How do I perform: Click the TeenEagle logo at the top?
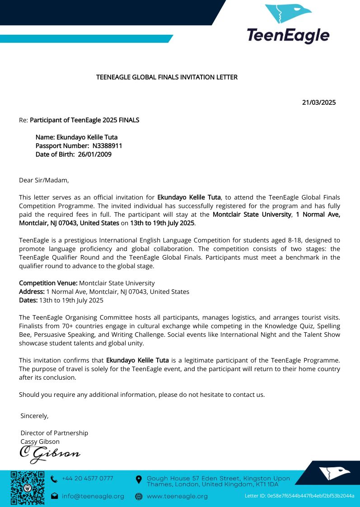(287, 24)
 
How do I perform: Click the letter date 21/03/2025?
(318, 102)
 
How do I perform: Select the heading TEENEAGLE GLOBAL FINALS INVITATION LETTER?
(167, 77)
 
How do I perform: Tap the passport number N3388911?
(107, 146)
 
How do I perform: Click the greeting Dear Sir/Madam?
(44, 180)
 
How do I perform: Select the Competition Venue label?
(48, 283)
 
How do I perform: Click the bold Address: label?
(32, 292)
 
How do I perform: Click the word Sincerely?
(34, 415)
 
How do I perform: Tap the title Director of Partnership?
(54, 433)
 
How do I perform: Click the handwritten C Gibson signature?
(50, 453)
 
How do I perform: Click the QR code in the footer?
(28, 488)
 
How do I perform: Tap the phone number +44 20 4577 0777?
(87, 479)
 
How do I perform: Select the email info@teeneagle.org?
(93, 496)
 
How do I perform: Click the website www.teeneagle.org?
(177, 496)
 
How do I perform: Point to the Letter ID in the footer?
(299, 496)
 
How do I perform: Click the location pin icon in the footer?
(139, 479)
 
